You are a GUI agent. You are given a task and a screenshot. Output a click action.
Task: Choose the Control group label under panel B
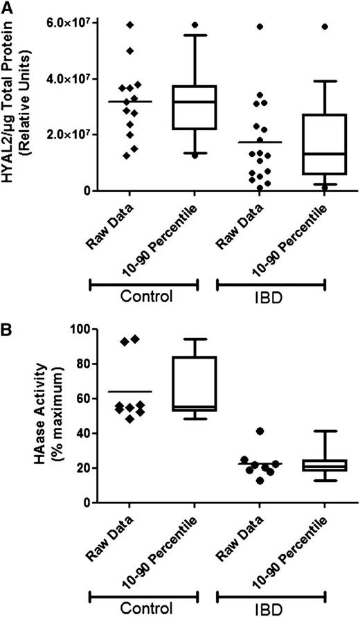click(x=143, y=609)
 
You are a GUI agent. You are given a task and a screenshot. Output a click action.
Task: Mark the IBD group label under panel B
click(x=271, y=609)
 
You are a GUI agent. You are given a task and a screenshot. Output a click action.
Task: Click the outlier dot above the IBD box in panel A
click(x=325, y=26)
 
